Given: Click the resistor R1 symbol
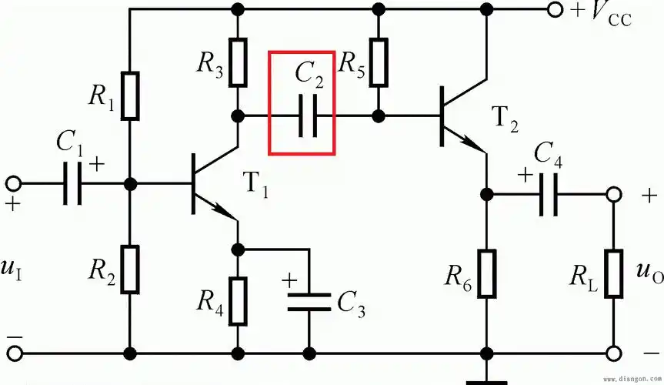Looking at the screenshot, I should (130, 95).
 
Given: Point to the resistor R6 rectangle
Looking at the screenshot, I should (487, 272).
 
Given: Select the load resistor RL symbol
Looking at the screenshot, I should (612, 272).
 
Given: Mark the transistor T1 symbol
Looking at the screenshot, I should (212, 185).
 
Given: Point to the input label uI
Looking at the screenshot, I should (15, 270).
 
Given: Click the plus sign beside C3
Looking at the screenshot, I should (289, 280).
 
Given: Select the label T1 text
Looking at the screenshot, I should (256, 186).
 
